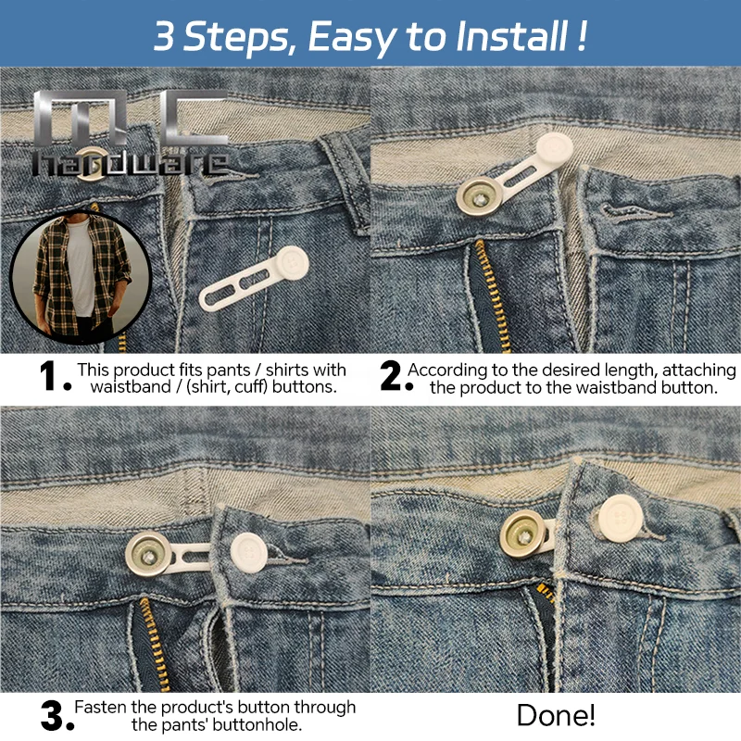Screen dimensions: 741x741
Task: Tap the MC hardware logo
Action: (130, 134)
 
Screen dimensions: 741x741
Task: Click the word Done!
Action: (556, 715)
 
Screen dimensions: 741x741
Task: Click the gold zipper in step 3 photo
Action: (148, 639)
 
